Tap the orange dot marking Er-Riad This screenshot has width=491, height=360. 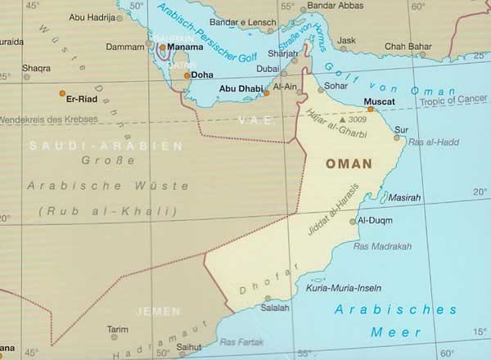pyautogui.click(x=63, y=92)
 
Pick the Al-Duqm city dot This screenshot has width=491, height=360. pyautogui.click(x=353, y=221)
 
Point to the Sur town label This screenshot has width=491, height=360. pyautogui.click(x=402, y=129)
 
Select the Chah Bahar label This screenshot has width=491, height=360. pyautogui.click(x=407, y=46)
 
